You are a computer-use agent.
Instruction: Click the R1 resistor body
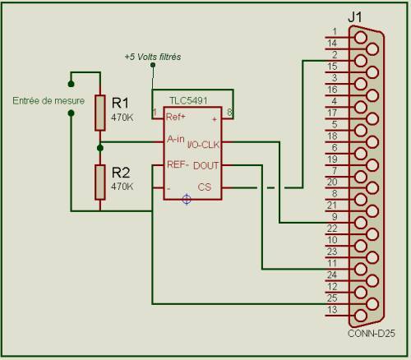pyautogui.click(x=100, y=113)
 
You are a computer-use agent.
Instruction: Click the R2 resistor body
pyautogui.click(x=100, y=182)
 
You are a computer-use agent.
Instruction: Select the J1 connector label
pyautogui.click(x=355, y=17)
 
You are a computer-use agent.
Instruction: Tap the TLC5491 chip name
pyautogui.click(x=188, y=100)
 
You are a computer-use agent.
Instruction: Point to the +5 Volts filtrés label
pyautogui.click(x=153, y=57)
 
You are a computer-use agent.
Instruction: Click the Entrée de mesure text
pyautogui.click(x=48, y=100)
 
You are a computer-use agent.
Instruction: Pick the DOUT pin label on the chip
pyautogui.click(x=206, y=165)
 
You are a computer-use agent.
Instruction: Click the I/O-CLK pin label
pyautogui.click(x=204, y=145)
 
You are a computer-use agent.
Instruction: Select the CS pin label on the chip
pyautogui.click(x=205, y=187)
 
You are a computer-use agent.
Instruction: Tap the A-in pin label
pyautogui.click(x=176, y=139)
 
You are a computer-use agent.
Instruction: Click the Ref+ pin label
pyautogui.click(x=176, y=117)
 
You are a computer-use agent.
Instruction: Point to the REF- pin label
pyautogui.click(x=178, y=164)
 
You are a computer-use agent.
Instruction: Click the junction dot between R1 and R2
pyautogui.click(x=100, y=148)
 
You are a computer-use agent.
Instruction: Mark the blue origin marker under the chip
pyautogui.click(x=187, y=199)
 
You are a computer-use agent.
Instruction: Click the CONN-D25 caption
pyautogui.click(x=372, y=334)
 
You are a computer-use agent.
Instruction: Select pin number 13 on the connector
pyautogui.click(x=332, y=310)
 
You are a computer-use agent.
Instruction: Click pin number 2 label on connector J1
pyautogui.click(x=335, y=55)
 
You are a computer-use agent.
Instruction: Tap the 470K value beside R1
pyautogui.click(x=122, y=118)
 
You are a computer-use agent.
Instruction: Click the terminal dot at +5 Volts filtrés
pyautogui.click(x=153, y=65)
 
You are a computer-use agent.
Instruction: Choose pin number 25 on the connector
pyautogui.click(x=332, y=298)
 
